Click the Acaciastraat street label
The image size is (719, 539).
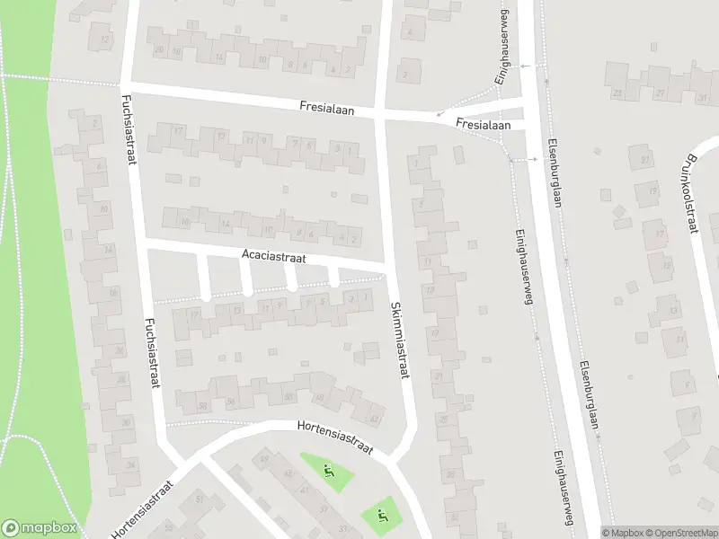point(274,256)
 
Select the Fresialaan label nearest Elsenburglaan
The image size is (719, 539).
point(483,124)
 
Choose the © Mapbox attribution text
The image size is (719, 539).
point(622,533)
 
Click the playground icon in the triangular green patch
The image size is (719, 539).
point(327,469)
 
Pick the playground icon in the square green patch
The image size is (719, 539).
point(382,516)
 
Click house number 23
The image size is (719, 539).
point(617,93)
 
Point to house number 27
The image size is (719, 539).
point(661,93)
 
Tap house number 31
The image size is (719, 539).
point(697,93)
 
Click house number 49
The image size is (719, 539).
point(263,461)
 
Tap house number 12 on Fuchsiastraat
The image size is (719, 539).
point(106,40)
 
